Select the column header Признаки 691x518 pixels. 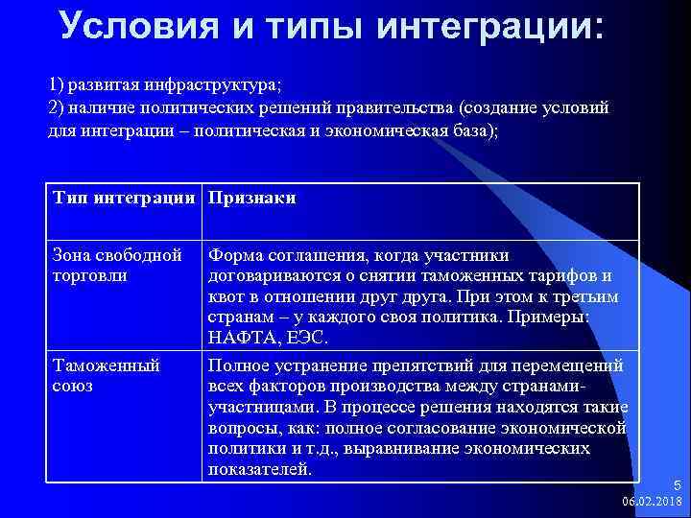coord(251,199)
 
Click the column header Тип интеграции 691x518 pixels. coord(126,199)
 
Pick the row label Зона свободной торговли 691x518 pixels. coord(117,265)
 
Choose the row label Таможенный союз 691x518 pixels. coord(106,375)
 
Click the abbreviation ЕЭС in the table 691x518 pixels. coord(309,339)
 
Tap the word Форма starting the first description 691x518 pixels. coord(233,255)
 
